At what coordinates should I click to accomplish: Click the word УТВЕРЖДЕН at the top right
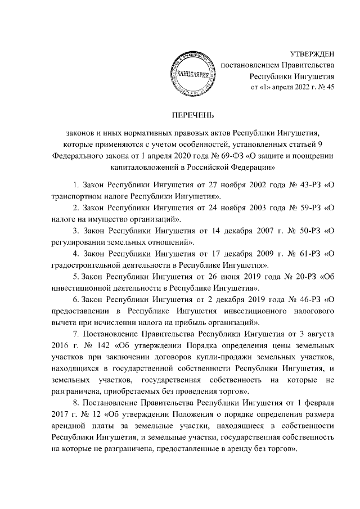(311, 54)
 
